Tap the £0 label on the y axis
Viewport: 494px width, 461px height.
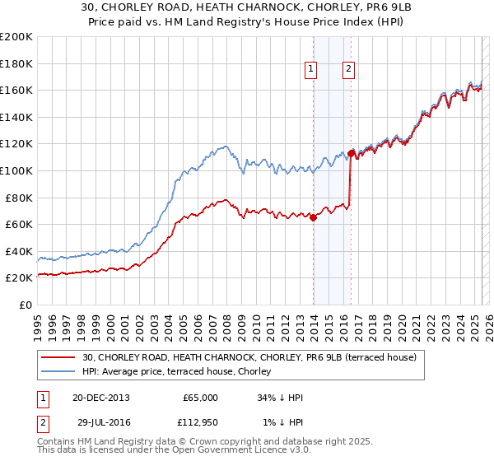[x=25, y=305]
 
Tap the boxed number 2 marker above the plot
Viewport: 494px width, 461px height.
[x=349, y=70]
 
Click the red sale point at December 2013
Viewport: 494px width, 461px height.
[x=314, y=218]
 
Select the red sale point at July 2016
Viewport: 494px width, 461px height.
[x=352, y=153]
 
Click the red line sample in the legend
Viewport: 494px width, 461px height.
[x=58, y=357]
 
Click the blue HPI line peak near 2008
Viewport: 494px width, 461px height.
[x=225, y=147]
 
